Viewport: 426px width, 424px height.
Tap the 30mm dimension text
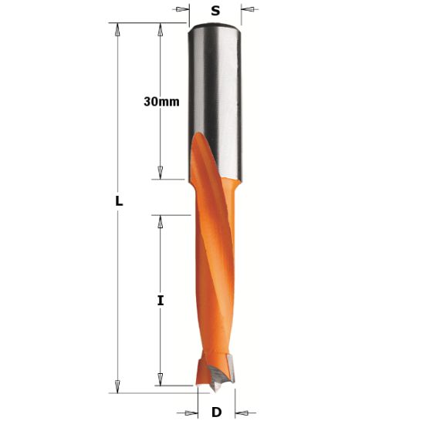coord(160,102)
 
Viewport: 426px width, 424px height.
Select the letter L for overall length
coord(118,200)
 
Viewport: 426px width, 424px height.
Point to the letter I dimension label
coord(161,300)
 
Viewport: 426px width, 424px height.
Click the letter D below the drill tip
coord(216,412)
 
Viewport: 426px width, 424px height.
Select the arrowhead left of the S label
coord(182,10)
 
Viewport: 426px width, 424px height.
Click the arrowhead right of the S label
coord(248,10)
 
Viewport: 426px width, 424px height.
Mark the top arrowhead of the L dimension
coord(118,30)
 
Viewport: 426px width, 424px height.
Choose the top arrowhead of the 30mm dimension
coord(161,30)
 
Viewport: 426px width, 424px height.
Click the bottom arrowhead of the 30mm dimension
coord(161,173)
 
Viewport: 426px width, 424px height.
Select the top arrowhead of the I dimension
coord(161,221)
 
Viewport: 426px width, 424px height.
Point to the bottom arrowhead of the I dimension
coord(161,378)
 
